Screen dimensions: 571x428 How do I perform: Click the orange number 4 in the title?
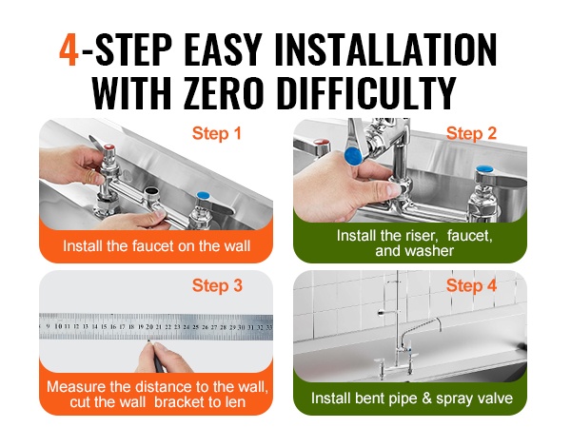(x=69, y=50)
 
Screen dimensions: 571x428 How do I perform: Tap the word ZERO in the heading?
(x=223, y=93)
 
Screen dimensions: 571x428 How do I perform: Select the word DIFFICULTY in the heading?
(x=364, y=93)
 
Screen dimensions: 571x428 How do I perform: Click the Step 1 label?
(x=217, y=133)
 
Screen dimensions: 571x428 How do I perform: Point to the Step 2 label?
(x=471, y=133)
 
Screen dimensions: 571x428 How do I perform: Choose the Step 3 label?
(x=217, y=285)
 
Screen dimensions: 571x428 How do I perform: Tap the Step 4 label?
(x=471, y=285)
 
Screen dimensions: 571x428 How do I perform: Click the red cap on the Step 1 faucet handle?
(x=108, y=147)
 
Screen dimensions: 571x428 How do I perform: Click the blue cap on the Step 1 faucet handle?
(x=203, y=195)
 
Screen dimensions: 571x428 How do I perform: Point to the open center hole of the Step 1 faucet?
(x=151, y=191)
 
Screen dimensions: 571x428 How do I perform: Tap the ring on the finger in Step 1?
(x=89, y=177)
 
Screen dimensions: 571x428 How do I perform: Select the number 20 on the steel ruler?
(x=149, y=327)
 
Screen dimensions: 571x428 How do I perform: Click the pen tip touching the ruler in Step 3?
(x=148, y=341)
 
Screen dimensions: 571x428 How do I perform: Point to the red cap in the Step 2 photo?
(x=320, y=142)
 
